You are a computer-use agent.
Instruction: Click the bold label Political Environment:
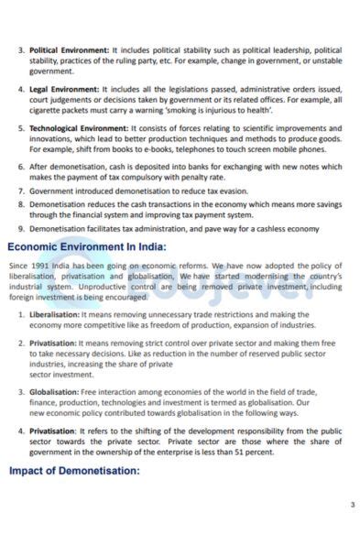[x=69, y=49]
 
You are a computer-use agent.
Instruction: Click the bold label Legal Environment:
[x=64, y=90]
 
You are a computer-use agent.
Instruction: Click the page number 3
[x=352, y=505]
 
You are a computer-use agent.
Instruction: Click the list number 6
[x=21, y=168]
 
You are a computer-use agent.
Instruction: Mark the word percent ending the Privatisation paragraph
[x=257, y=451]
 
